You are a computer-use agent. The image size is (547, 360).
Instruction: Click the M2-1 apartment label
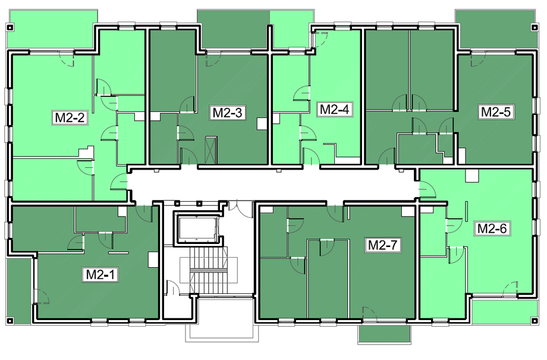click(100, 274)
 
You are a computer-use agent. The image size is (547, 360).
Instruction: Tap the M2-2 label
click(70, 118)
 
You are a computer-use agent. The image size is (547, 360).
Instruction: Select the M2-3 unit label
click(228, 113)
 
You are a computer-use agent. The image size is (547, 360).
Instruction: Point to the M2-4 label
click(334, 109)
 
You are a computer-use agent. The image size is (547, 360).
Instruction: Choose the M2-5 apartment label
click(496, 112)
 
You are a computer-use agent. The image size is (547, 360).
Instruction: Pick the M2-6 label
click(492, 228)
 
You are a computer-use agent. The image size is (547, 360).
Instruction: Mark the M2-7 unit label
click(383, 245)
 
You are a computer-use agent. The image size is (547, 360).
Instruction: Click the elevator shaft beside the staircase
click(198, 229)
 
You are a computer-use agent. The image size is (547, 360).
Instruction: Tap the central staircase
click(209, 270)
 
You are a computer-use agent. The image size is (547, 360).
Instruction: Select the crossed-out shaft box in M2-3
click(210, 151)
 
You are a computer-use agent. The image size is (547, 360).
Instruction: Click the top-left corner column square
click(10, 27)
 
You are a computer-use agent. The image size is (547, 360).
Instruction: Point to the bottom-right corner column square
click(535, 321)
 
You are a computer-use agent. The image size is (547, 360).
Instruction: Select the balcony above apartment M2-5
click(495, 29)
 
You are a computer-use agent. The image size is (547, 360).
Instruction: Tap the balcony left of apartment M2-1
click(18, 291)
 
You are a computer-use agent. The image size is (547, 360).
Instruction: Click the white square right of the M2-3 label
click(262, 124)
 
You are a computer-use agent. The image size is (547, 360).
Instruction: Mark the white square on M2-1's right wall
click(153, 259)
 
